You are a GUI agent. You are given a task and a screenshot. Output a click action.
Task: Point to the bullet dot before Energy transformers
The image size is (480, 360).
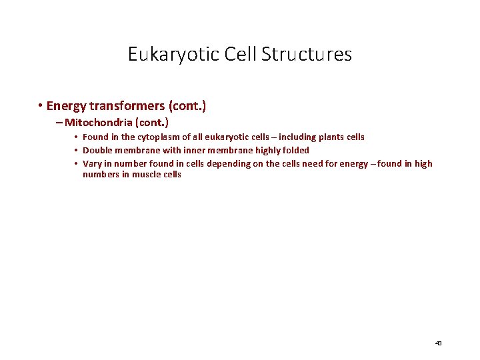pyautogui.click(x=41, y=106)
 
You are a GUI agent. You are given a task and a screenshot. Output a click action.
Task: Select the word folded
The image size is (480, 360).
pyautogui.click(x=295, y=150)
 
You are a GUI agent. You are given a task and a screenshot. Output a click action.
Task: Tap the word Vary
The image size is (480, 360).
pyautogui.click(x=92, y=163)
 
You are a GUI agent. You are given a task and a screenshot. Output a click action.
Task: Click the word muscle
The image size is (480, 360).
pyautogui.click(x=145, y=175)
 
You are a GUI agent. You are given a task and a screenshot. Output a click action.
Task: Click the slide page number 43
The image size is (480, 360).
pyautogui.click(x=438, y=343)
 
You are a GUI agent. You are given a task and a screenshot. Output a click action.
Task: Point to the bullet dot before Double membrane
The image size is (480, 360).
pyautogui.click(x=77, y=150)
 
